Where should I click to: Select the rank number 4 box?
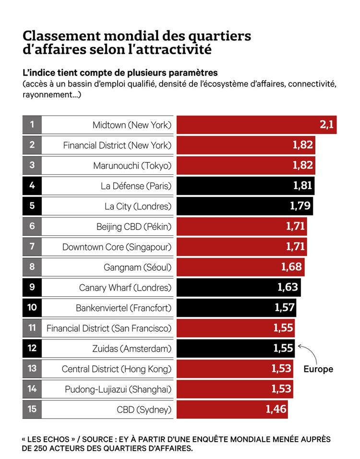click(x=32, y=185)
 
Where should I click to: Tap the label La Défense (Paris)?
click(x=136, y=186)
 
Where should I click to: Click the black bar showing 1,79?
click(x=245, y=206)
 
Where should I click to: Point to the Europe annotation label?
click(x=318, y=369)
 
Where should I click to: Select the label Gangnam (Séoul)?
click(x=137, y=267)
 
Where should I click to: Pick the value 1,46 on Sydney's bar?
click(x=276, y=409)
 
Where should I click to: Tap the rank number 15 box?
click(x=32, y=410)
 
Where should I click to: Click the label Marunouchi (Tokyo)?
click(x=132, y=166)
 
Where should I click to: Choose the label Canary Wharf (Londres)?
click(x=125, y=288)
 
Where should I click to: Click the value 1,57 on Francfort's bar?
click(x=285, y=307)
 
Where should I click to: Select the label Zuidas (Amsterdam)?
click(x=132, y=349)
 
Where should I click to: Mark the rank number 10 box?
click(x=32, y=307)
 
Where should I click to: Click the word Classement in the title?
click(x=62, y=36)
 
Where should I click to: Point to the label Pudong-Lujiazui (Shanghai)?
click(x=118, y=389)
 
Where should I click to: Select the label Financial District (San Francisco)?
click(x=108, y=328)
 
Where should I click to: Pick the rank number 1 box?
click(x=32, y=125)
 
